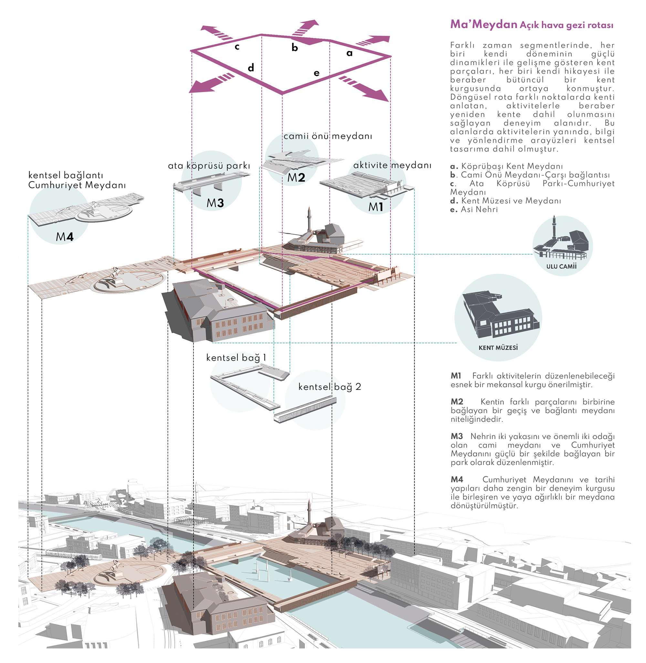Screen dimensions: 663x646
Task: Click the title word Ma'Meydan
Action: coord(484,24)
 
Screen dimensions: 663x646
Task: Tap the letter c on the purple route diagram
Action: coord(237,47)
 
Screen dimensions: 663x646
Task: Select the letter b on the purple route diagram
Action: coord(295,47)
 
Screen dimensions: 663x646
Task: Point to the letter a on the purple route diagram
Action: coord(349,53)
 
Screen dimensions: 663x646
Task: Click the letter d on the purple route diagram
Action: coord(251,68)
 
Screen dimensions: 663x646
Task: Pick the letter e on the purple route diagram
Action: coord(317,73)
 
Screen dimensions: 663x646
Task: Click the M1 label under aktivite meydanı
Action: coord(376,207)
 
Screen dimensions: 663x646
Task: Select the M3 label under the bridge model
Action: coord(215,203)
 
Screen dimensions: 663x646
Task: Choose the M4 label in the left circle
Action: coord(65,236)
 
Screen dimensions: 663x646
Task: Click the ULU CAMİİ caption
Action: coord(561,266)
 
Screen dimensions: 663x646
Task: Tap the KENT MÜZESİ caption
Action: coord(498,348)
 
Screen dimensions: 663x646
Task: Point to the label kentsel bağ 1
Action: coord(236,357)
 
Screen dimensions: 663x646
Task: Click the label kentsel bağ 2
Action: coord(329,387)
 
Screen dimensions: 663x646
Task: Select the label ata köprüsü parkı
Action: coord(209,166)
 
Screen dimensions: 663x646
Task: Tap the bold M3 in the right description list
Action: coord(457,436)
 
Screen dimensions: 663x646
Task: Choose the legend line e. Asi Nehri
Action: coord(474,209)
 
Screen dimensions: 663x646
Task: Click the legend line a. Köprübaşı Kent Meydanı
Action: coord(506,166)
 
